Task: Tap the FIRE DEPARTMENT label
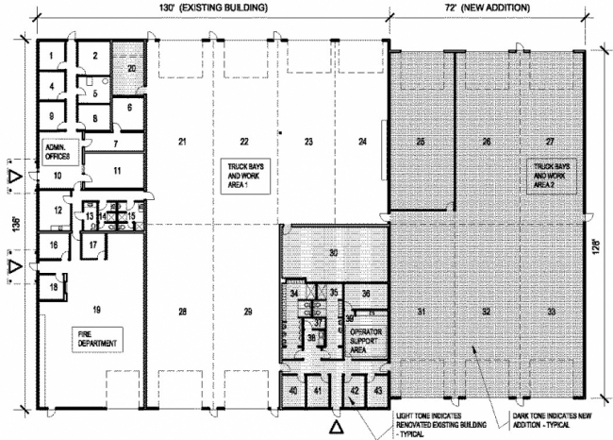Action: [94, 339]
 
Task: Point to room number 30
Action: [333, 253]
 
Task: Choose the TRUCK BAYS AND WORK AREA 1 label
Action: [246, 171]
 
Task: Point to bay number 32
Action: [486, 311]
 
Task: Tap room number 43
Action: [377, 391]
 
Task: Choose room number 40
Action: [294, 391]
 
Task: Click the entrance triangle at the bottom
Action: [337, 425]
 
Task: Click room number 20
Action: [133, 69]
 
